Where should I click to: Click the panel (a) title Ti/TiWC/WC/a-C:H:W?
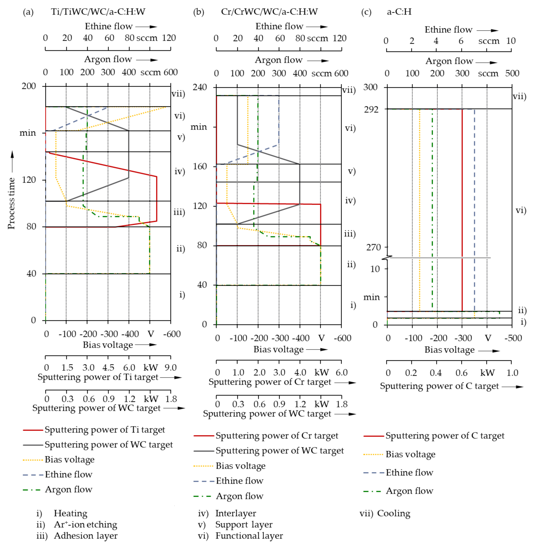98,12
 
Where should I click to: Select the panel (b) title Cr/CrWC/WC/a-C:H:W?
269,12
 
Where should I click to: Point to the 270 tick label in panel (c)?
373,247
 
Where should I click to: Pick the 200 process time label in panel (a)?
29,86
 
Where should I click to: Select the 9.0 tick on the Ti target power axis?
171,368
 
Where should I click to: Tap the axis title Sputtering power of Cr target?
270,382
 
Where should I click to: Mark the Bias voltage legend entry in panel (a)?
69,459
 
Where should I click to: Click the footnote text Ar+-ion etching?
85,524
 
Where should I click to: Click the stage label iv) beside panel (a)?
180,171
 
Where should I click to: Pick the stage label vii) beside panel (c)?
519,96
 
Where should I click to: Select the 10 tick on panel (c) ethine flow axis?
511,41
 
